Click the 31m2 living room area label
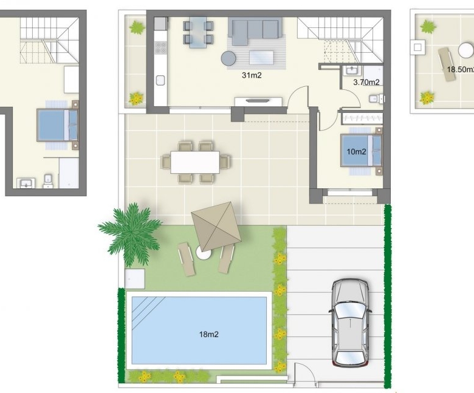pyautogui.click(x=252, y=75)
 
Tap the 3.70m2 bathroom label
pyautogui.click(x=366, y=82)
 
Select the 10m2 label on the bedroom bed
pyautogui.click(x=356, y=152)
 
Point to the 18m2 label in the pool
pyautogui.click(x=208, y=335)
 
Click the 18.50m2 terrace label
pyautogui.click(x=461, y=69)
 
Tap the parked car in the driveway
pyautogui.click(x=351, y=323)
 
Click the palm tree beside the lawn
pyautogui.click(x=130, y=233)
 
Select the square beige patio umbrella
pyautogui.click(x=216, y=227)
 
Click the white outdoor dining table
pyautogui.click(x=195, y=162)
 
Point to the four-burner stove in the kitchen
pyautogui.click(x=160, y=48)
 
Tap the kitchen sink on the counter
pyautogui.click(x=160, y=81)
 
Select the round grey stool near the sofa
pyautogui.click(x=228, y=58)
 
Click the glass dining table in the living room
pyautogui.click(x=198, y=32)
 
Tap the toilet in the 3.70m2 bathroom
pyautogui.click(x=376, y=98)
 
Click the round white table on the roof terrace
pyautogui.click(x=466, y=50)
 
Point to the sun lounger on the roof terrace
pyautogui.click(x=446, y=64)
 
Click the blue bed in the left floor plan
pyautogui.click(x=57, y=125)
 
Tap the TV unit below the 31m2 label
pyautogui.click(x=258, y=101)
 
